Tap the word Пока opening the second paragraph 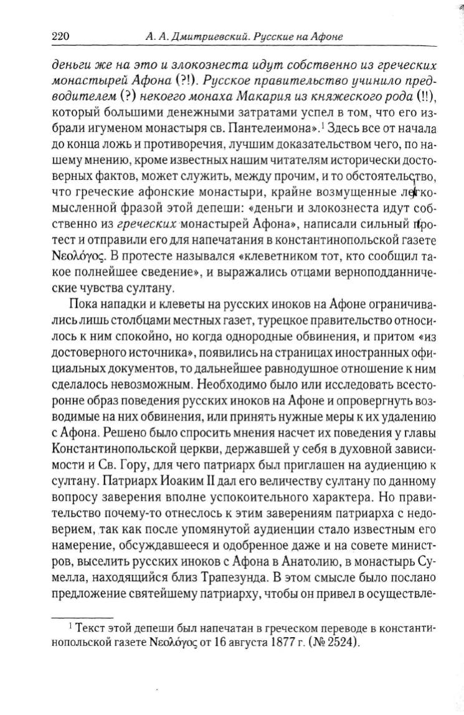pos(84,305)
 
